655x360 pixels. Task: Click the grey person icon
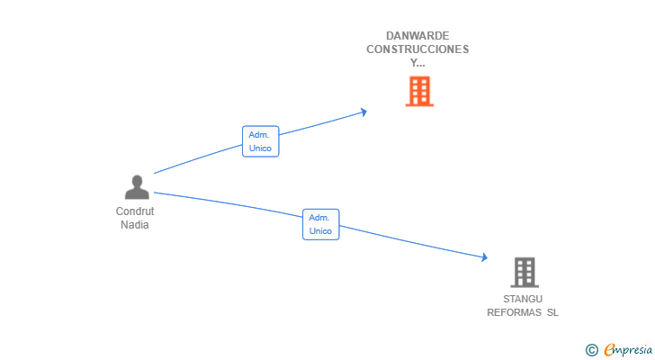pyautogui.click(x=137, y=186)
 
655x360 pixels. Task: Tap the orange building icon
pyautogui.click(x=419, y=91)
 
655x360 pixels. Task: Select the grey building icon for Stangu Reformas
pyautogui.click(x=525, y=273)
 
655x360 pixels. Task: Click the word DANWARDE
pyautogui.click(x=417, y=36)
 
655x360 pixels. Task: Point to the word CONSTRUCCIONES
pyautogui.click(x=417, y=49)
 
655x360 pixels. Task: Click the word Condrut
pyautogui.click(x=135, y=211)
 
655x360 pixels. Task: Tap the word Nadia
pyautogui.click(x=135, y=225)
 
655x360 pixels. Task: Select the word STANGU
pyautogui.click(x=523, y=299)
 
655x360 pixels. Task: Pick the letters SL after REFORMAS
pyautogui.click(x=552, y=312)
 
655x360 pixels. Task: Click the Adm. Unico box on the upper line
pyautogui.click(x=260, y=141)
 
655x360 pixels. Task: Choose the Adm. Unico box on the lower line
pyautogui.click(x=321, y=224)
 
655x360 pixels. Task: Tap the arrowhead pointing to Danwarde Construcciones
pyautogui.click(x=363, y=112)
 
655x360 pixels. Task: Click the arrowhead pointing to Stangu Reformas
pyautogui.click(x=484, y=256)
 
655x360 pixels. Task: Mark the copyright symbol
pyautogui.click(x=591, y=350)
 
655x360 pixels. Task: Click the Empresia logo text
pyautogui.click(x=628, y=349)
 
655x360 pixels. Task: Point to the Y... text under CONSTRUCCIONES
pyautogui.click(x=417, y=63)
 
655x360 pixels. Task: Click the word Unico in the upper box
pyautogui.click(x=260, y=148)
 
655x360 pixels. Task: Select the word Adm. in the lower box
pyautogui.click(x=319, y=218)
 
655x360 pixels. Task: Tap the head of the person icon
pyautogui.click(x=137, y=181)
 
